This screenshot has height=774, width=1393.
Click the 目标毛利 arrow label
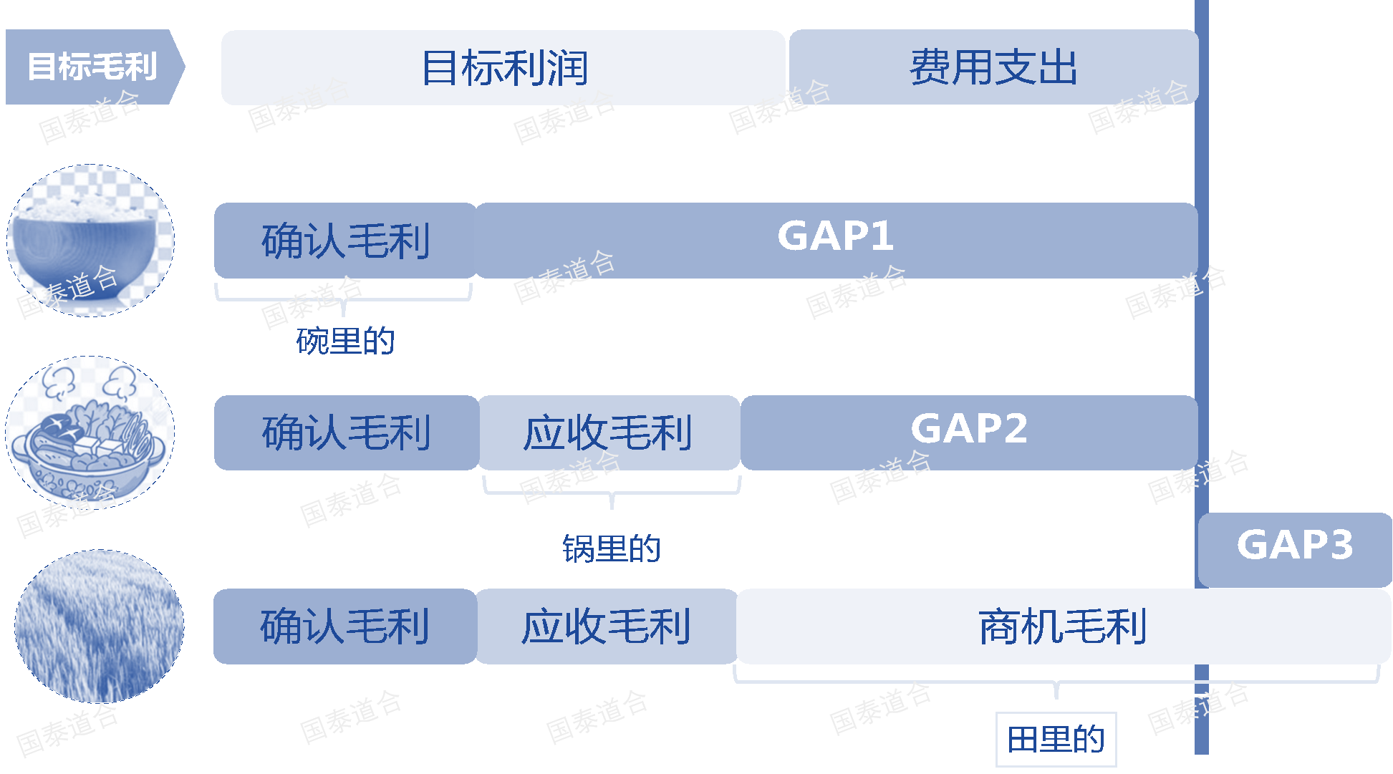point(92,67)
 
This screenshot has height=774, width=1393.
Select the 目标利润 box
point(503,67)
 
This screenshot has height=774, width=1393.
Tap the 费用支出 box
point(993,67)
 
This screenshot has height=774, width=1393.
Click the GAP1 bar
point(835,239)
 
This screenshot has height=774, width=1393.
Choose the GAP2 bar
point(968,432)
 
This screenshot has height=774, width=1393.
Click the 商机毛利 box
point(1063,626)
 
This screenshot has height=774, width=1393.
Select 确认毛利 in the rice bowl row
point(345,240)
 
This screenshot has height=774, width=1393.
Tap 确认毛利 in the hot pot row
point(346,432)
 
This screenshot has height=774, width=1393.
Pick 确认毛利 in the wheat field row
point(344,626)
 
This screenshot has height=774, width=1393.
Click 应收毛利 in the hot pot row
point(608,432)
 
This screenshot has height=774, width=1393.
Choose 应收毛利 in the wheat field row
point(606,626)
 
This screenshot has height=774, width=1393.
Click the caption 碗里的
point(345,341)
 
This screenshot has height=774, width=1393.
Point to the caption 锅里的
point(611,549)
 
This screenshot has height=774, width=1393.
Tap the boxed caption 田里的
point(1056,739)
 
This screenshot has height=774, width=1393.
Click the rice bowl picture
point(90,240)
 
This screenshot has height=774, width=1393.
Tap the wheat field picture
point(99,626)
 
